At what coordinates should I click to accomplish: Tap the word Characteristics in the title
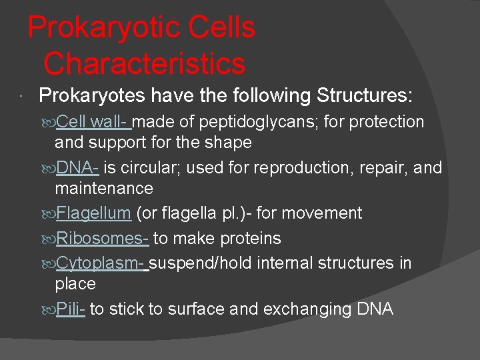pyautogui.click(x=144, y=63)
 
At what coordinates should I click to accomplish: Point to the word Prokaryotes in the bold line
pyautogui.click(x=92, y=96)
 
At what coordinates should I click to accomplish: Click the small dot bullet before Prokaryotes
pyautogui.click(x=23, y=97)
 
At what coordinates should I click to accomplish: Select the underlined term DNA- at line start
pyautogui.click(x=77, y=167)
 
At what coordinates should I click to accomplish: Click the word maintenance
pyautogui.click(x=104, y=189)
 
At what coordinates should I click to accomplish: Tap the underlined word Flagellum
pyautogui.click(x=93, y=213)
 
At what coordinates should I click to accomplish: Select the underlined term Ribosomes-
pyautogui.click(x=102, y=238)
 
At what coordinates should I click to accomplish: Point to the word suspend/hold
pyautogui.click(x=203, y=263)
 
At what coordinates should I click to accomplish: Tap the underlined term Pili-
pyautogui.click(x=70, y=309)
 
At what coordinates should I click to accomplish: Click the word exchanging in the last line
pyautogui.click(x=305, y=309)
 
